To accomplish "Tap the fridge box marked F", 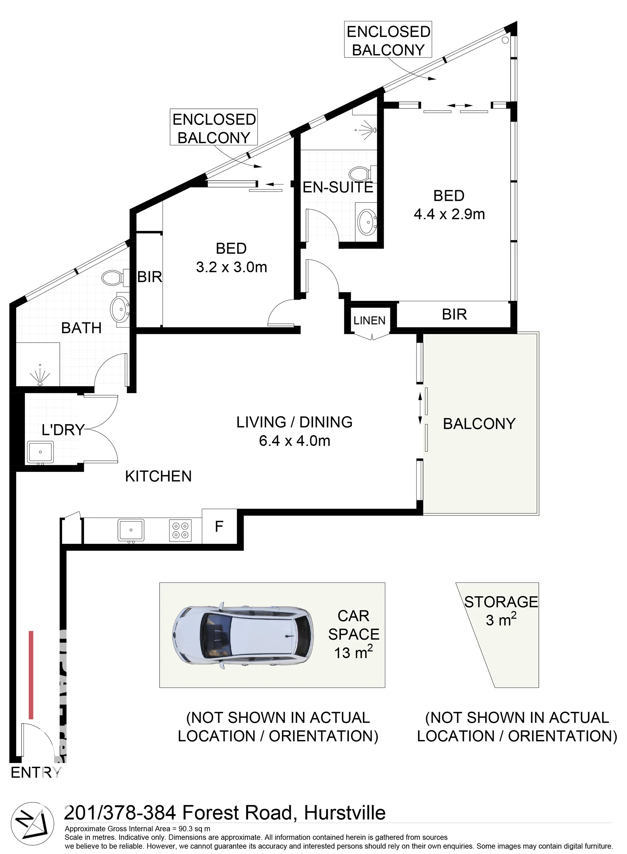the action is (219, 526).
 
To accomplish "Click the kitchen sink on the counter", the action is (131, 530).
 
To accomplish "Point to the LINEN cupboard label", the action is (369, 321).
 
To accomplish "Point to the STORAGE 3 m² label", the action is (501, 611).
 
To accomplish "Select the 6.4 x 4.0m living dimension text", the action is (295, 441).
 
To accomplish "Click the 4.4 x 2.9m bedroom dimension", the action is (449, 214).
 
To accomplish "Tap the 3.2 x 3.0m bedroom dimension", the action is (232, 267).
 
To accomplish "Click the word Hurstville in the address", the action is (345, 813).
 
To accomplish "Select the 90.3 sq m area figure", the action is (194, 829).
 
